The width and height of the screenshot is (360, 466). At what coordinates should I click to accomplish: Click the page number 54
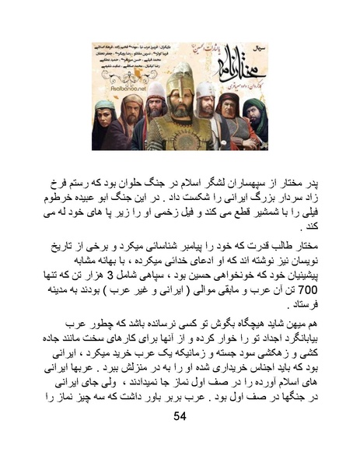point(180,418)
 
